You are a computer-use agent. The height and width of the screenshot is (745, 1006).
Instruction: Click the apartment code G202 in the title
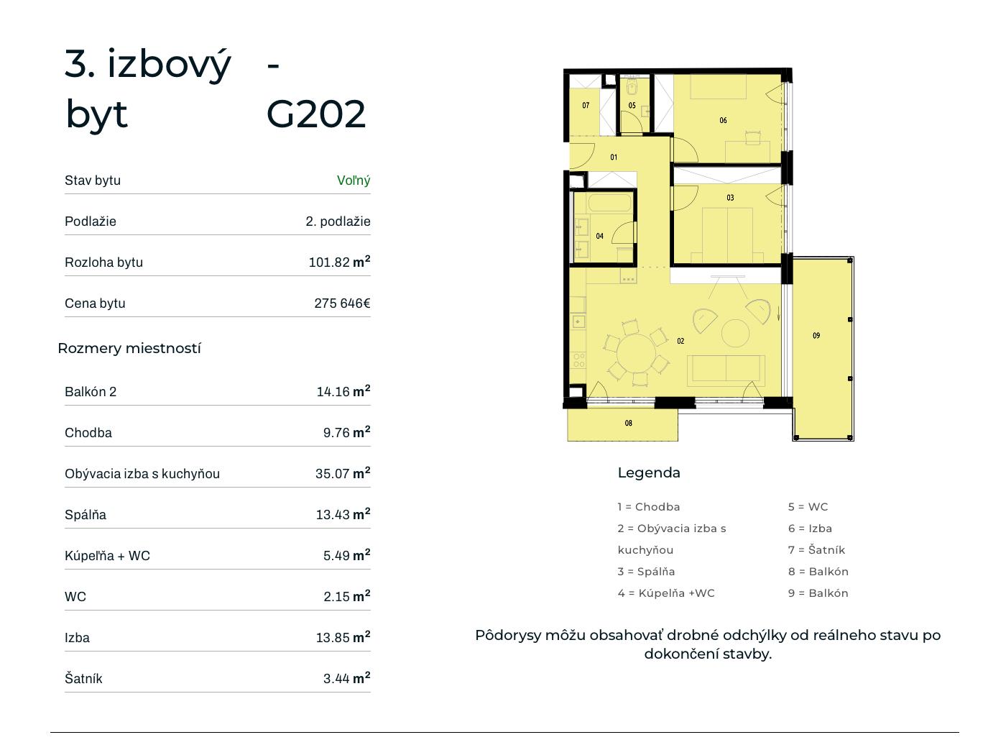(315, 114)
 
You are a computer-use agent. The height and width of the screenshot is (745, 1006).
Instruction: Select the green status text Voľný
(354, 180)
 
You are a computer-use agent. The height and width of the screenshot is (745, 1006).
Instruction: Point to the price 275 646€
(342, 303)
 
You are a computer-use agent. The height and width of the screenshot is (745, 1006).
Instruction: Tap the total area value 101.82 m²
(339, 262)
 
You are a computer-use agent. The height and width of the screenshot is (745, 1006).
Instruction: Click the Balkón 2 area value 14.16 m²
(343, 391)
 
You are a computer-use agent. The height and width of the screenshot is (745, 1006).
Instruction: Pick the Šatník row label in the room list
(83, 678)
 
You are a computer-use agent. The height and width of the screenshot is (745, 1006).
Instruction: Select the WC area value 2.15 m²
(346, 595)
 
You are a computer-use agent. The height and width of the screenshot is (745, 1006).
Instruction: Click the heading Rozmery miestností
(129, 348)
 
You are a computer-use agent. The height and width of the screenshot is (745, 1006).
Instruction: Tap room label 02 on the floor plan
(680, 341)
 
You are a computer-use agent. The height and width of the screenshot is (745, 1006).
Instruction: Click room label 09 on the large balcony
(816, 336)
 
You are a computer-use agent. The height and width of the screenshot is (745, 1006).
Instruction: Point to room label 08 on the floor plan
(628, 423)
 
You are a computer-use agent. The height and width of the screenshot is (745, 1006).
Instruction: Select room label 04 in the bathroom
(599, 236)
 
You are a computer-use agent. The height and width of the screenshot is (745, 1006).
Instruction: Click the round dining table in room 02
(637, 353)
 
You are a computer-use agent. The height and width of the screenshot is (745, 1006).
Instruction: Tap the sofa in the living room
(726, 370)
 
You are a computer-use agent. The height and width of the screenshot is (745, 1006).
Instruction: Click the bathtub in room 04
(609, 202)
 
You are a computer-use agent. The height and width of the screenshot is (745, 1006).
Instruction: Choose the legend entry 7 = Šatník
(816, 550)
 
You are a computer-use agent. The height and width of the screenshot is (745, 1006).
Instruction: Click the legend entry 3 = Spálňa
(646, 572)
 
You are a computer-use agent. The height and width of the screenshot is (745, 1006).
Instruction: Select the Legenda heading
(649, 472)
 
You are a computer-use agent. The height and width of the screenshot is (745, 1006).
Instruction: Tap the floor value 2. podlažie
(338, 221)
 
